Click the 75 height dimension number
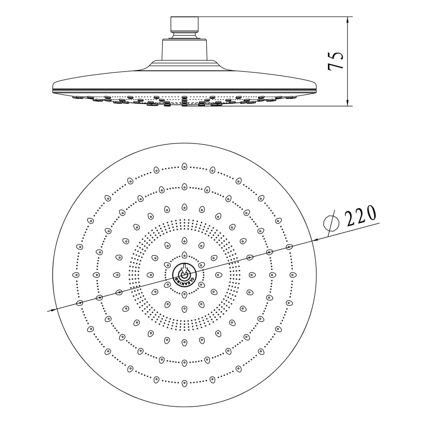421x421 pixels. pyautogui.click(x=336, y=61)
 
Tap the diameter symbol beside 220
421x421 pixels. pyautogui.click(x=331, y=221)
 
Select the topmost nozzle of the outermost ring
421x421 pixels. pyautogui.click(x=184, y=167)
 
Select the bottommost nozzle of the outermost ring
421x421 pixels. pyautogui.click(x=184, y=383)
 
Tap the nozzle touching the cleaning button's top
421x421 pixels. pyautogui.click(x=184, y=255)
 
